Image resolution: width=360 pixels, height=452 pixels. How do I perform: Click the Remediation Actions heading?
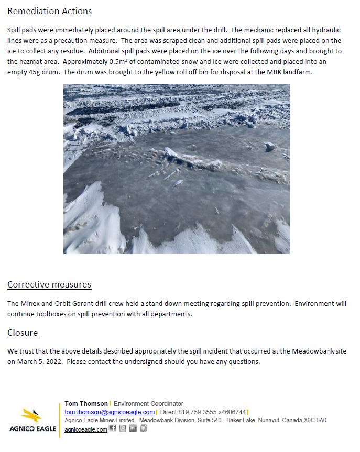49,11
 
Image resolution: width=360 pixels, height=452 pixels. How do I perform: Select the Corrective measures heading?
49,284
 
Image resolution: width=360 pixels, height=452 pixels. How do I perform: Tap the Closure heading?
23,333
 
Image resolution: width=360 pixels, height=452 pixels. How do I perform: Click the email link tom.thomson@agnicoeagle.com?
110,412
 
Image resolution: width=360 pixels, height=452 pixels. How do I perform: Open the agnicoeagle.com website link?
86,429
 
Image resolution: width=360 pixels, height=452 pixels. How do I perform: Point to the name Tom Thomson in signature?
86,404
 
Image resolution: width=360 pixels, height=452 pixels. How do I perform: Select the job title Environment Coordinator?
148,404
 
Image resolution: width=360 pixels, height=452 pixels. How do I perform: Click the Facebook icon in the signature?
113,428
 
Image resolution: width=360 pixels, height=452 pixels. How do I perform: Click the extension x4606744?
232,412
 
